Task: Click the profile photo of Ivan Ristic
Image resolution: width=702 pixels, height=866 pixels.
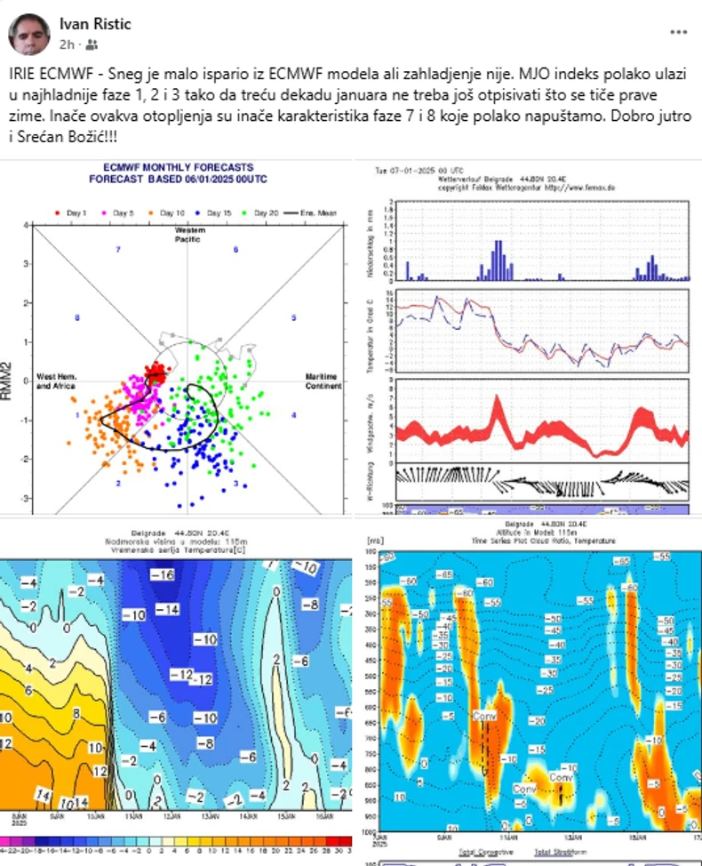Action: (30, 34)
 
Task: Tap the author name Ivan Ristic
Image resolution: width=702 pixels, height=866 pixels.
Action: (95, 24)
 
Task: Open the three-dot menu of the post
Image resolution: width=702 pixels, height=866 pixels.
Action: (678, 32)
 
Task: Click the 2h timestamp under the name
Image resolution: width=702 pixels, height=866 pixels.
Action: (67, 44)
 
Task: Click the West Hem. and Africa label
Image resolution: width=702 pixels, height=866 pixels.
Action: (55, 381)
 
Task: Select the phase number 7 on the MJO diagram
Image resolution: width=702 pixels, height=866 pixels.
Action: (118, 250)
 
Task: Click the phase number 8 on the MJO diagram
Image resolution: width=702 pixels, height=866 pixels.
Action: (78, 317)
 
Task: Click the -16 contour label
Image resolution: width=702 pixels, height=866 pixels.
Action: (162, 576)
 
